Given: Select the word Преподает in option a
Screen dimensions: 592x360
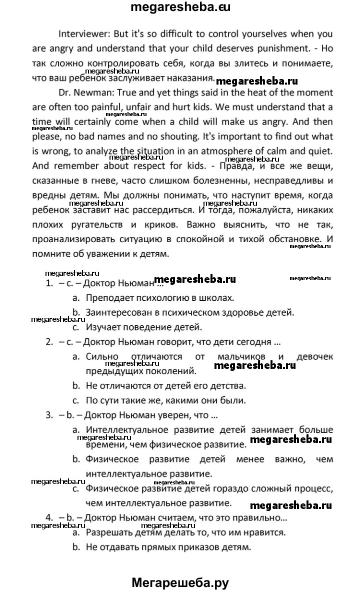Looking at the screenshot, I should tap(108, 298).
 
